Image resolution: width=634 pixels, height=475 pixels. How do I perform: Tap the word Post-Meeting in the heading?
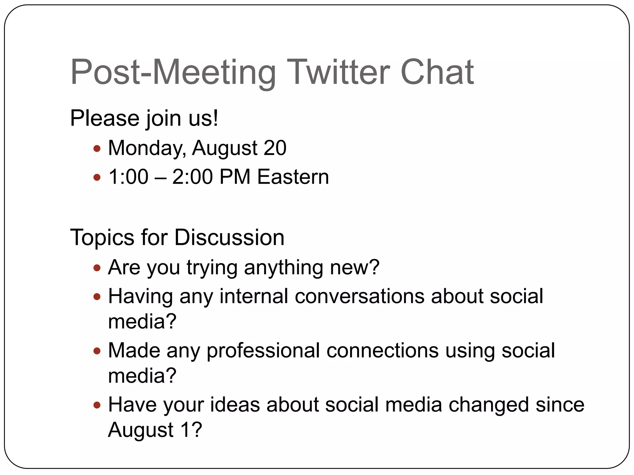point(173,73)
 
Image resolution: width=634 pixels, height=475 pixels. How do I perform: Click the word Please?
point(105,118)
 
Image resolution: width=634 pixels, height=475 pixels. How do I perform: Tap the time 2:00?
point(192,177)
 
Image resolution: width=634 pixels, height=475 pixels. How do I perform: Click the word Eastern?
point(293,177)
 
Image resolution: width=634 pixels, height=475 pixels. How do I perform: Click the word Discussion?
point(229,237)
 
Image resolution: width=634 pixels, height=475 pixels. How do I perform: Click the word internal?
point(254,296)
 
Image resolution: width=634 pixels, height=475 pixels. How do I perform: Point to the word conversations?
point(359,296)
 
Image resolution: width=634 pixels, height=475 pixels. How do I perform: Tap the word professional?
point(263,351)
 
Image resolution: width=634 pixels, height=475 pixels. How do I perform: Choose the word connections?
point(382,351)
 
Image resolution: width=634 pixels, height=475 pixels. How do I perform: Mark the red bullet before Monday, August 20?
point(97,149)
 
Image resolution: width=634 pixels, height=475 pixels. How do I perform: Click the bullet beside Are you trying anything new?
point(97,268)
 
